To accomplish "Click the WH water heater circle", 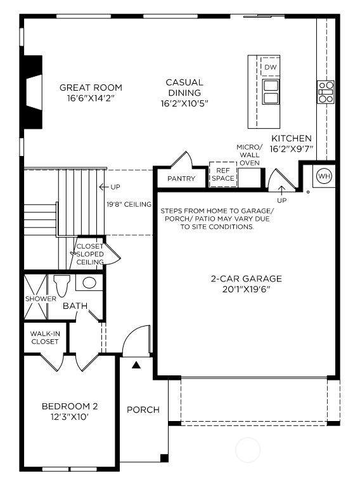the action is [325, 176].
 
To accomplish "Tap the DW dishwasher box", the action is [270, 67].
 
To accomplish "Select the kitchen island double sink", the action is [271, 91].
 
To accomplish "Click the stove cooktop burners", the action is [325, 92].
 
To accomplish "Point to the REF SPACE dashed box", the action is [223, 174].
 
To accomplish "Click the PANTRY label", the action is [181, 178].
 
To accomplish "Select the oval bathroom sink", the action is [89, 283].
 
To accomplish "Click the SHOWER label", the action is [41, 299].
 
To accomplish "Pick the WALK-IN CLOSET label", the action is [45, 338].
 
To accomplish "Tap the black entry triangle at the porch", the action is [136, 365].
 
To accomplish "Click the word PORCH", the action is [143, 410].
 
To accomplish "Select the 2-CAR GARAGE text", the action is [246, 278].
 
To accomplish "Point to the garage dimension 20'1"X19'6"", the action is [246, 289].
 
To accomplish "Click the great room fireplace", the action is [33, 92].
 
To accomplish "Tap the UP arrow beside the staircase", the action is [103, 186].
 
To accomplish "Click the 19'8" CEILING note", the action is [129, 204].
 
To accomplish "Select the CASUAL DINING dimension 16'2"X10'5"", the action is [184, 103].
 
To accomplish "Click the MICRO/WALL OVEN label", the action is [250, 155].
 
